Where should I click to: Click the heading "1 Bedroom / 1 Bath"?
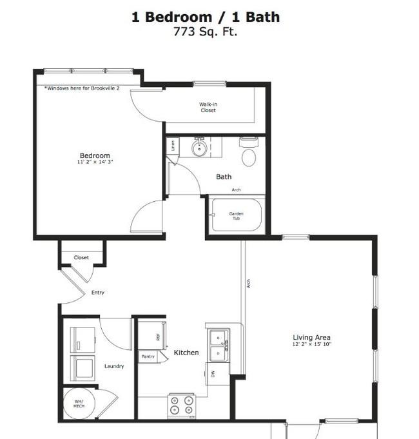tap(206, 17)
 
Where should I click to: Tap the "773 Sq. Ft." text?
tap(205, 32)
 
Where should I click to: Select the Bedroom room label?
tap(95, 155)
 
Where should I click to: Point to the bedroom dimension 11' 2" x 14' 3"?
tap(95, 162)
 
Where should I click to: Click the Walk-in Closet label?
tap(208, 106)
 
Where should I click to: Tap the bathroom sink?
tap(199, 148)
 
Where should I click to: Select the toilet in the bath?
tap(249, 153)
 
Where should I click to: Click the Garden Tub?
tap(237, 216)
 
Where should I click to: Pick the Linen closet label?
tap(173, 146)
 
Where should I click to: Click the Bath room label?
tap(224, 177)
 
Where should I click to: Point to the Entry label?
tap(97, 293)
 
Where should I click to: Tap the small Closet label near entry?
tap(81, 258)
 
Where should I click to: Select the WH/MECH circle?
tap(79, 404)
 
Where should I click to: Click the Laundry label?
tap(114, 366)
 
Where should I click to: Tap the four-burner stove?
tap(181, 405)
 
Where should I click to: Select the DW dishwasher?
tap(212, 373)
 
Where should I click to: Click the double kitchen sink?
tap(218, 344)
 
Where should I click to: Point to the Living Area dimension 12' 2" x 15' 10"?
tap(311, 345)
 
